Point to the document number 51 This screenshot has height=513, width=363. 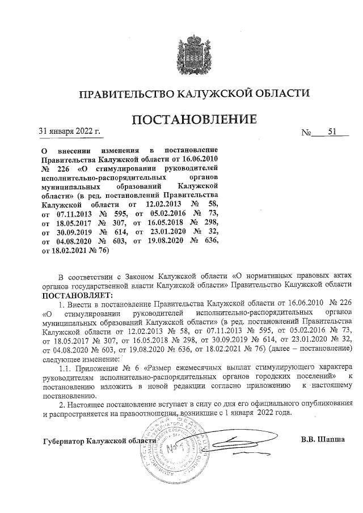pyautogui.click(x=332, y=133)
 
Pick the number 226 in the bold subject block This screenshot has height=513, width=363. pyautogui.click(x=64, y=168)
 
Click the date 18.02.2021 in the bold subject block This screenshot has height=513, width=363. pyautogui.click(x=69, y=250)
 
